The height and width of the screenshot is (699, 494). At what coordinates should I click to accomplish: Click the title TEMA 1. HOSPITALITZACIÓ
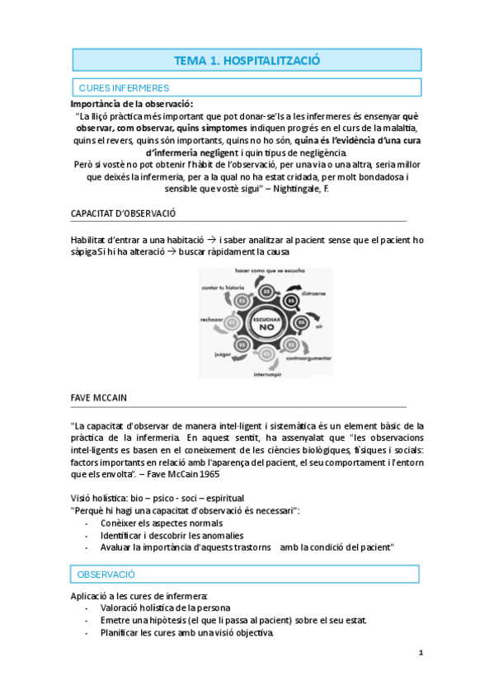(247, 60)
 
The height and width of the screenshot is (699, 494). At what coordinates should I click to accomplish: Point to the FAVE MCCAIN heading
(99, 397)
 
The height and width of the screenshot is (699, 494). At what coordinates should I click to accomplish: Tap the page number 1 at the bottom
(421, 654)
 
